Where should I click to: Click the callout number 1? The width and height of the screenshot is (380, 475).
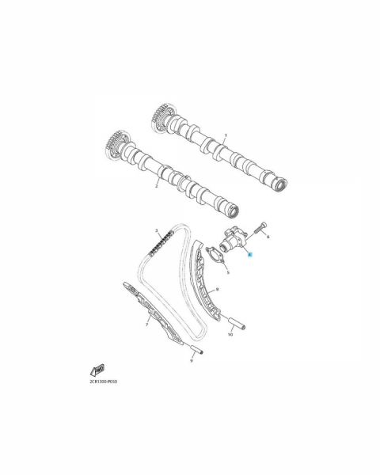point(226,135)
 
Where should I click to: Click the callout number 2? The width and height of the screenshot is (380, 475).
point(157,186)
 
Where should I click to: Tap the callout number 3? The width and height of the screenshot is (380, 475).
point(157,230)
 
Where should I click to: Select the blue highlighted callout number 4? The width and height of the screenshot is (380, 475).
point(249,255)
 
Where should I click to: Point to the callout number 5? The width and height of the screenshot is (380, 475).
point(228,272)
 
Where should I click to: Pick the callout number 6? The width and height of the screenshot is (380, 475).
point(268,237)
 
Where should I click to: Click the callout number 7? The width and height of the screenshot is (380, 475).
point(146,325)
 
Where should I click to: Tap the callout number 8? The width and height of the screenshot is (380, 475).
point(217,290)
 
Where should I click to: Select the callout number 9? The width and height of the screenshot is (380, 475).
point(192,361)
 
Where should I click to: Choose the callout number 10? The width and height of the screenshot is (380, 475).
point(230,335)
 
